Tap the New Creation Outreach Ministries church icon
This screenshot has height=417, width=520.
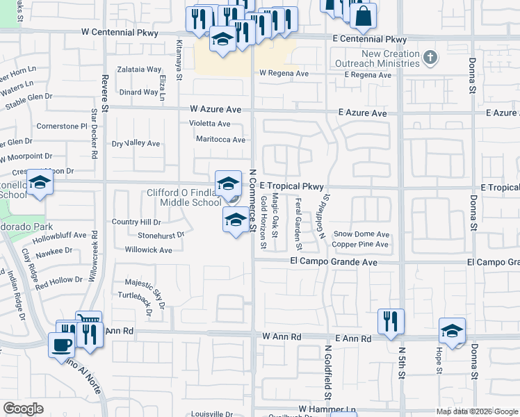click(x=431, y=58)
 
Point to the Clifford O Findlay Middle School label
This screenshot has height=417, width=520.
click(x=184, y=197)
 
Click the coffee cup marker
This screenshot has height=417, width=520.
click(x=61, y=344)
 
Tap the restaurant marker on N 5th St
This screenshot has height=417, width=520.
click(x=391, y=321)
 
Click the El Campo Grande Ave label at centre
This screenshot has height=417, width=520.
click(x=334, y=262)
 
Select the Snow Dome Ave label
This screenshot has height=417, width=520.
click(x=361, y=234)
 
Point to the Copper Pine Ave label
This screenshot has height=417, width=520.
click(x=360, y=245)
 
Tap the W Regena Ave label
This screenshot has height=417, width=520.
click(x=284, y=73)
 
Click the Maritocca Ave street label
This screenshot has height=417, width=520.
click(x=220, y=140)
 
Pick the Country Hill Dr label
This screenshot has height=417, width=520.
click(x=136, y=222)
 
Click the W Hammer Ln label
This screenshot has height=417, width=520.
click(x=327, y=409)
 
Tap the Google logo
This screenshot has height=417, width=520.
click(x=23, y=408)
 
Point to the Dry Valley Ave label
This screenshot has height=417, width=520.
click(x=136, y=144)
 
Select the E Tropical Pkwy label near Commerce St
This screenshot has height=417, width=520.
click(x=292, y=186)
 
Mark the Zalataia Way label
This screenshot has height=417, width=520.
click(x=139, y=69)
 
